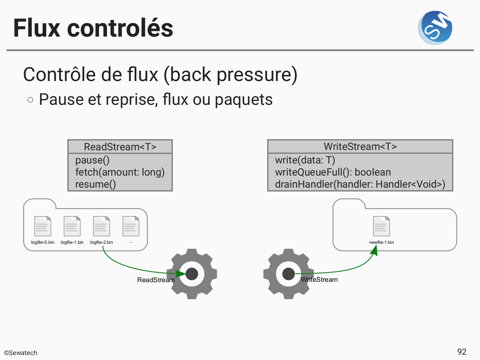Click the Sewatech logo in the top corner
pyautogui.click(x=435, y=28)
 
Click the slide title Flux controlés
pyautogui.click(x=93, y=28)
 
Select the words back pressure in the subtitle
pyautogui.click(x=231, y=75)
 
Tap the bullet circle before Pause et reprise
pyautogui.click(x=31, y=100)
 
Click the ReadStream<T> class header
pyautogui.click(x=120, y=147)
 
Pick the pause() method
pyautogui.click(x=92, y=160)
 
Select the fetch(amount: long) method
pyautogui.click(x=120, y=172)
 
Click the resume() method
pyautogui.click(x=96, y=184)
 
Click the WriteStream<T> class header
pyautogui.click(x=360, y=146)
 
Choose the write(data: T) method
pyautogui.click(x=305, y=160)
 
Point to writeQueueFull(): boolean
pyautogui.click(x=333, y=172)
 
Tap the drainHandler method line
pyautogui.click(x=360, y=184)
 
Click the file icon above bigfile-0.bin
pyautogui.click(x=43, y=226)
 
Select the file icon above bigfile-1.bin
pyautogui.click(x=72, y=226)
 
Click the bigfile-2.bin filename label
pyautogui.click(x=102, y=242)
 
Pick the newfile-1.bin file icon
pyautogui.click(x=381, y=226)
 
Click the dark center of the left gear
pyautogui.click(x=192, y=274)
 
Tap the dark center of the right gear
pyautogui.click(x=288, y=274)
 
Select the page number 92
pyautogui.click(x=462, y=352)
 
